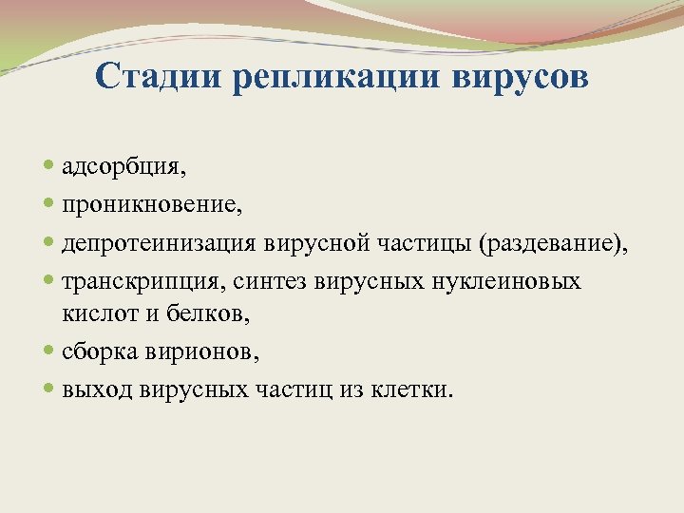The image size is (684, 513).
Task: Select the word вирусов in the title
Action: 517,77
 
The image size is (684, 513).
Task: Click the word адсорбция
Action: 123,168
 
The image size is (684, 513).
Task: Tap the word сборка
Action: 101,351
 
